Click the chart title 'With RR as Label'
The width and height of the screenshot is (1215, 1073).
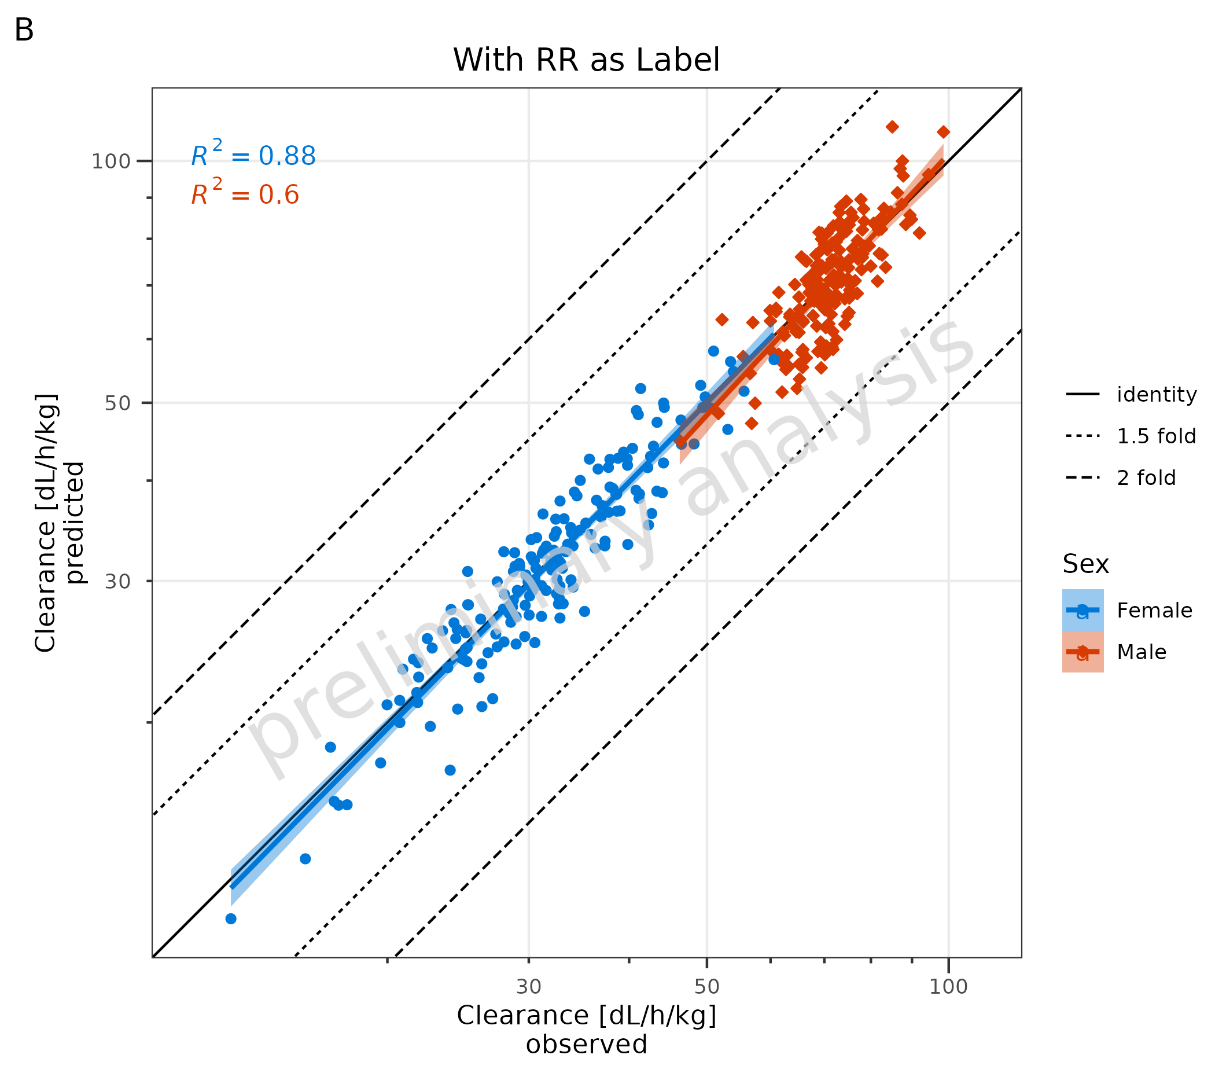click(x=586, y=60)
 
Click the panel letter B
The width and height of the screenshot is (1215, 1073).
click(x=24, y=30)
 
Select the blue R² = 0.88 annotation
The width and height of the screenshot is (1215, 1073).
click(x=253, y=156)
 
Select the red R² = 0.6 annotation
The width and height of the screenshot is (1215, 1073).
click(x=245, y=194)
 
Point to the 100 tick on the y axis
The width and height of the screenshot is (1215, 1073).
click(x=111, y=161)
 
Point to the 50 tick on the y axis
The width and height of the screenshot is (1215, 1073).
click(x=117, y=403)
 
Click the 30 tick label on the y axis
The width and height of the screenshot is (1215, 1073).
click(x=117, y=581)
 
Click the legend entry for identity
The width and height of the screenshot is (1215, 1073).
click(x=1156, y=394)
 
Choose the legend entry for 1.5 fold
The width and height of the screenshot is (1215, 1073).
click(x=1155, y=436)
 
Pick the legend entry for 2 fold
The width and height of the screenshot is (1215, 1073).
click(x=1146, y=477)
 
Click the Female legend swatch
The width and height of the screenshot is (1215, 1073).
click(x=1083, y=610)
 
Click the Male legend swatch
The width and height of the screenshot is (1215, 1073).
click(x=1083, y=652)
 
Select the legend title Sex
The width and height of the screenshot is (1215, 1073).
click(x=1085, y=564)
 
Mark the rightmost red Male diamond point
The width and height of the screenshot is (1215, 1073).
click(x=943, y=132)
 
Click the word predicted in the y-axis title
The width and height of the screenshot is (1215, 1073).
click(x=75, y=523)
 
